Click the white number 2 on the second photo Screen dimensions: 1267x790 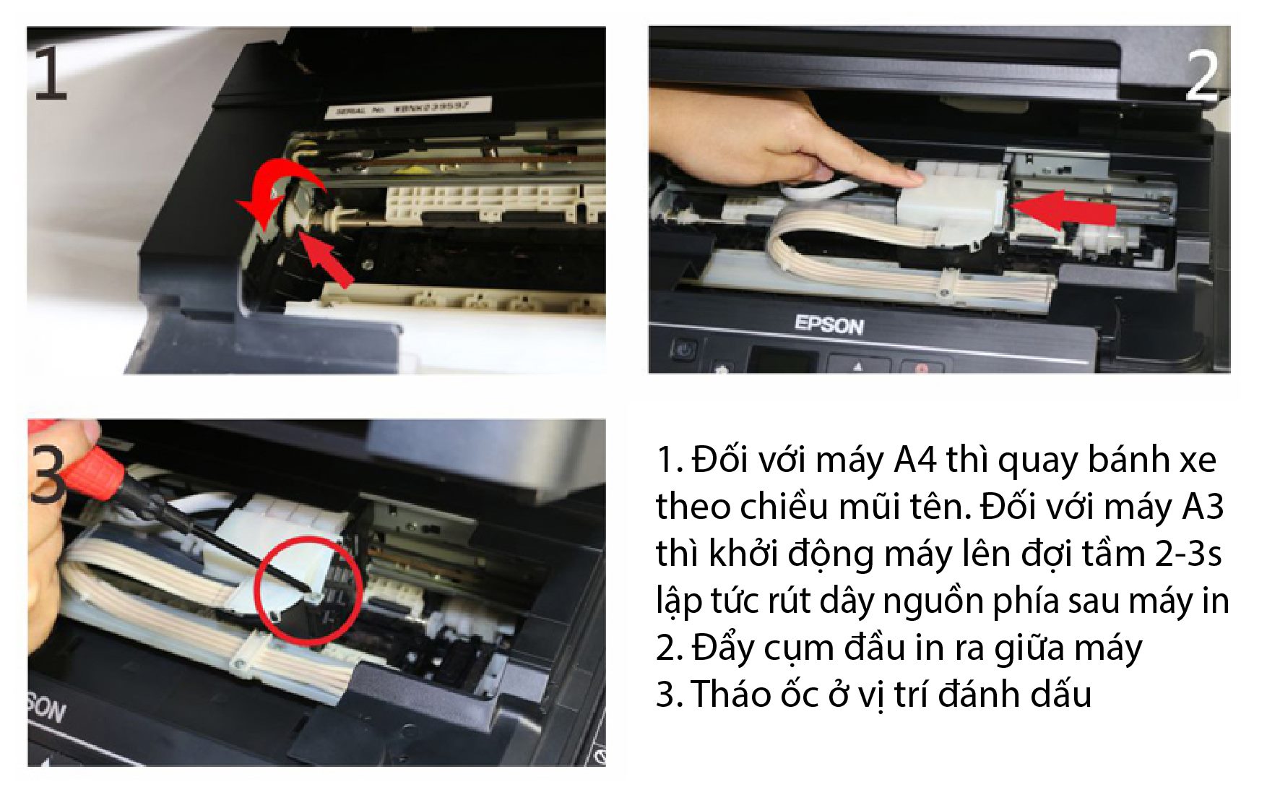click(x=1202, y=75)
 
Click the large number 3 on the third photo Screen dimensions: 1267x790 click(x=48, y=473)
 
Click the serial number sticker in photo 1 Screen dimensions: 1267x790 click(x=409, y=108)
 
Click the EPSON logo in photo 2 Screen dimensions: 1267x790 click(x=829, y=325)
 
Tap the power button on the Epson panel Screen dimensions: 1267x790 click(x=683, y=351)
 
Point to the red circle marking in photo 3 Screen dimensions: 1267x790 click(x=309, y=590)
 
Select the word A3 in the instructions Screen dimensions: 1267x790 click(x=1203, y=507)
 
